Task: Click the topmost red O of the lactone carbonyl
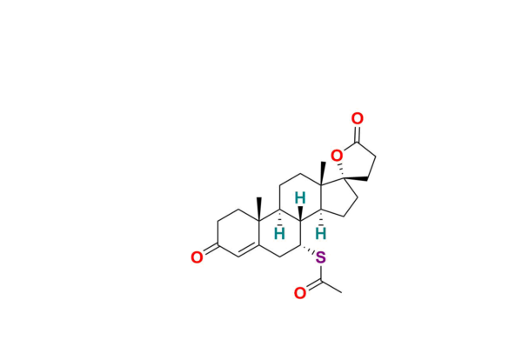click(x=357, y=118)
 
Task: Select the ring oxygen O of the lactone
click(x=336, y=156)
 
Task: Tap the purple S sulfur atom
click(x=320, y=257)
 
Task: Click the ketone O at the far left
click(x=197, y=257)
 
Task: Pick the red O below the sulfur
click(x=299, y=293)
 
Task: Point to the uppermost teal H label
click(x=299, y=198)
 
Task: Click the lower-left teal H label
click(x=278, y=233)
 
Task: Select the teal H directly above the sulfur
click(x=320, y=233)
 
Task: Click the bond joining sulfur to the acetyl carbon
click(x=320, y=270)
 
